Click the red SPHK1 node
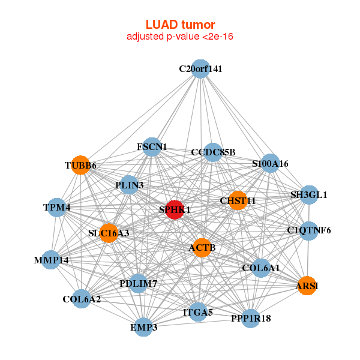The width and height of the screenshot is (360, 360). click(175, 210)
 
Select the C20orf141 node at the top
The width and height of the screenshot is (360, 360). click(200, 69)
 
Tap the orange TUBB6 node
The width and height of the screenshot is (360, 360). click(80, 165)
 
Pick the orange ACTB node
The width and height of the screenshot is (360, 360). click(202, 248)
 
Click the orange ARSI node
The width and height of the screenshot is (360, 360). click(307, 286)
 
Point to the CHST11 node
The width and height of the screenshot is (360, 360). click(238, 200)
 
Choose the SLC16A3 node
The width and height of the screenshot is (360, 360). click(109, 233)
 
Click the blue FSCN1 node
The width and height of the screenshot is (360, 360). click(152, 147)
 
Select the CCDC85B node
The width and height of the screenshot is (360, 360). click(213, 152)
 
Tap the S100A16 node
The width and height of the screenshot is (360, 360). click(271, 163)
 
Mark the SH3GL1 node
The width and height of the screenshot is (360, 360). click(309, 194)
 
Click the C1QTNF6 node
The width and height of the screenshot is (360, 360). click(309, 231)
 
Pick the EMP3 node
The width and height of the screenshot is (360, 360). click(144, 327)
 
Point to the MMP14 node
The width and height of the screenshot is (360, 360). click(51, 260)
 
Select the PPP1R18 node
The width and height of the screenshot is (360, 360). click(251, 319)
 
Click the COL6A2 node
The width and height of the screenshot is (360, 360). click(82, 299)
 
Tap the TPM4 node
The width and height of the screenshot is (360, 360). click(57, 208)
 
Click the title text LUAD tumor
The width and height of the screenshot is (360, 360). click(180, 25)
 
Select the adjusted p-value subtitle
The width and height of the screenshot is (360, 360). click(180, 37)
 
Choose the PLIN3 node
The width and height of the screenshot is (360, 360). click(129, 185)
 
